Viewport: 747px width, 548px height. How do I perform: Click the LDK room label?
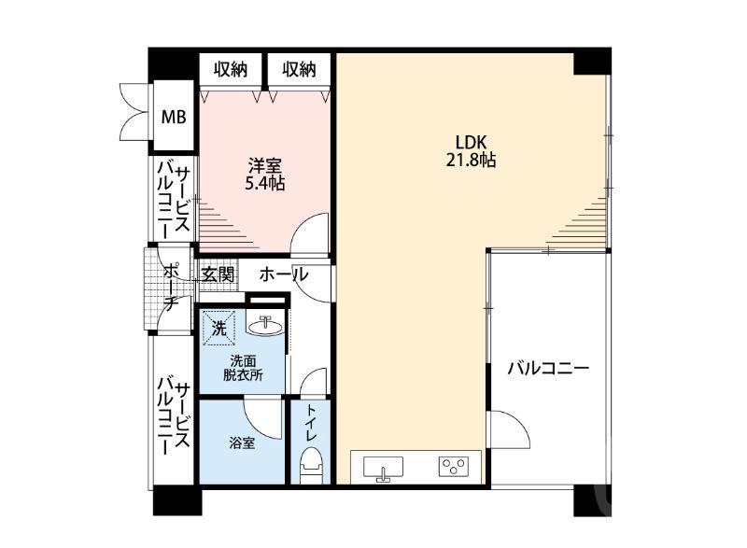(471, 142)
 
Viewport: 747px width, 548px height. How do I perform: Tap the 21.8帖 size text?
(471, 160)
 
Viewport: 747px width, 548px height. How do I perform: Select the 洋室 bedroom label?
(265, 165)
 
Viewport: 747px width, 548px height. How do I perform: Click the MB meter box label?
(174, 117)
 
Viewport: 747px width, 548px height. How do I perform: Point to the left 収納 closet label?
(231, 69)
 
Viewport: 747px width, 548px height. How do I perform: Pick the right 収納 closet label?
(299, 69)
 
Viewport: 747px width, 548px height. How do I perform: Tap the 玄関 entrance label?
(218, 274)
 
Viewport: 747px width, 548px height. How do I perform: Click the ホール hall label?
(284, 274)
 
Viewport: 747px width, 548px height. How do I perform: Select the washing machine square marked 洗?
(218, 328)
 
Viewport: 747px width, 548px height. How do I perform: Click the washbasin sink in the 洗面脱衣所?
(264, 325)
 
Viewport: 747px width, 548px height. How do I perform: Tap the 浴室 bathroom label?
(242, 443)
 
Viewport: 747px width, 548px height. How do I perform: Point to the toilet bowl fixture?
(312, 466)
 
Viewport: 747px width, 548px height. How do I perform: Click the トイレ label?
(311, 422)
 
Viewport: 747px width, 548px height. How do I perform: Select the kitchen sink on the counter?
(383, 467)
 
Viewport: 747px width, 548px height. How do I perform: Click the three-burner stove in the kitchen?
(453, 467)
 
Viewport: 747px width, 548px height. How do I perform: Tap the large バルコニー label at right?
(548, 368)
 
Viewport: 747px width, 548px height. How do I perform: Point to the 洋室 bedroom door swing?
(310, 234)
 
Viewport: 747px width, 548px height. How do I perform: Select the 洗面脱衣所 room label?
(243, 368)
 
